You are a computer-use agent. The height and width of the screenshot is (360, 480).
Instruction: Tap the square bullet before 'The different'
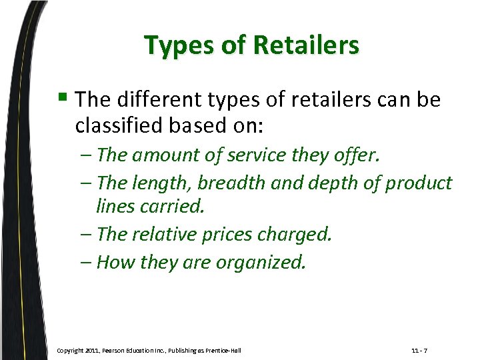[65, 99]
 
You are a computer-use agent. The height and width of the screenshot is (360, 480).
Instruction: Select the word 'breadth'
[222, 183]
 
